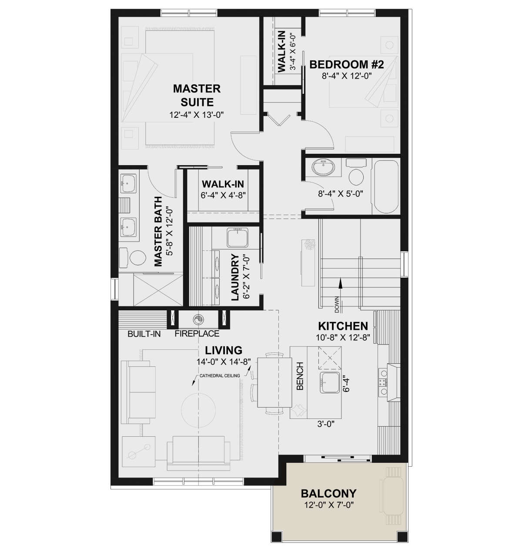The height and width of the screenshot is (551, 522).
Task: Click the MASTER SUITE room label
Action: (197, 95)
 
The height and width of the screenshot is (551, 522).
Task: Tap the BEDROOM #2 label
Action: (346, 64)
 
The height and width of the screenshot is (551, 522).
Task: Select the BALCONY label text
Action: (328, 493)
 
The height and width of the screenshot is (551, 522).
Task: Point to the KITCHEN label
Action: (343, 326)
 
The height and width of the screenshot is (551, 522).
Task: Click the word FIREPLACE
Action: (197, 334)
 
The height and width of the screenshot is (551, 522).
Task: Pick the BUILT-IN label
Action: (144, 334)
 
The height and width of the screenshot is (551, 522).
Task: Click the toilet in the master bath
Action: (133, 256)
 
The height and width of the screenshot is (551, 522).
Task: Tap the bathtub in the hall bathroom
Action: (385, 186)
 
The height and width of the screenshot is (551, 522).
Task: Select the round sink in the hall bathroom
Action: (323, 168)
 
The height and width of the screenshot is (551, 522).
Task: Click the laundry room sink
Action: (238, 238)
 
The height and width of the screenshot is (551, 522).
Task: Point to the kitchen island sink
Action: (329, 382)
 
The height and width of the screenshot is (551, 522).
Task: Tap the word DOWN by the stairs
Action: (337, 305)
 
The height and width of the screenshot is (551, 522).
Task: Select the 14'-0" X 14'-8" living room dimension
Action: (224, 362)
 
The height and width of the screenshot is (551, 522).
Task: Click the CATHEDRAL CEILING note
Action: (220, 375)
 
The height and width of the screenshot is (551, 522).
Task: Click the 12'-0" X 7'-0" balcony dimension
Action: (328, 505)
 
